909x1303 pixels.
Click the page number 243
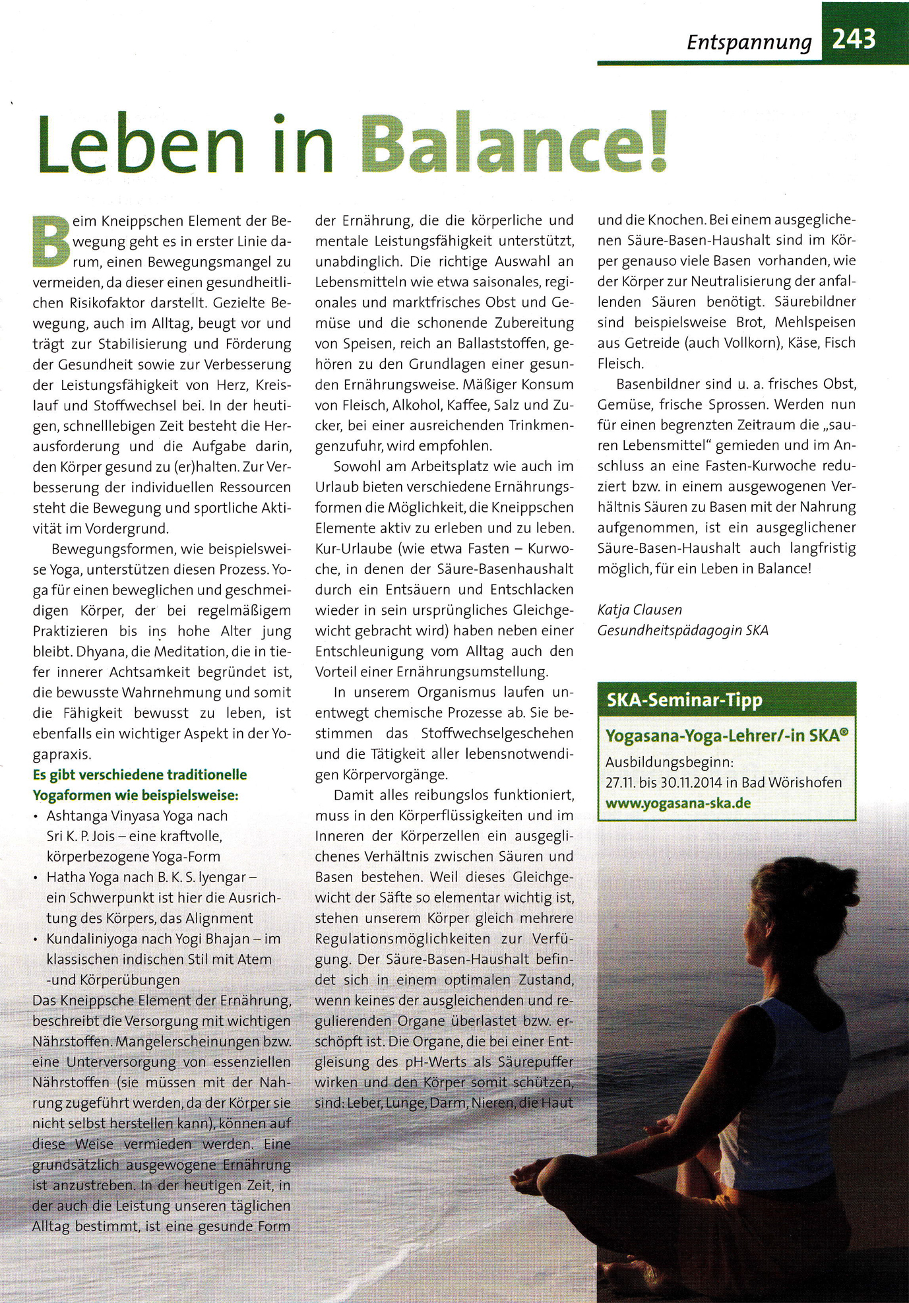pyautogui.click(x=854, y=39)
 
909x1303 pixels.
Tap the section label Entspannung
pyautogui.click(x=749, y=42)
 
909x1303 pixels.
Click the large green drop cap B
pyautogui.click(x=50, y=241)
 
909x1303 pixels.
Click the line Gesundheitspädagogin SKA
pyautogui.click(x=683, y=630)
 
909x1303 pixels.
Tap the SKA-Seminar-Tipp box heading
pyautogui.click(x=684, y=700)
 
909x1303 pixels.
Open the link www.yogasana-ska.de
pyautogui.click(x=678, y=804)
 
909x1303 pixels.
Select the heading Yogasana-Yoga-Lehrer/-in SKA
pyautogui.click(x=726, y=736)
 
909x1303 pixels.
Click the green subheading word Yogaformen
pyautogui.click(x=72, y=795)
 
